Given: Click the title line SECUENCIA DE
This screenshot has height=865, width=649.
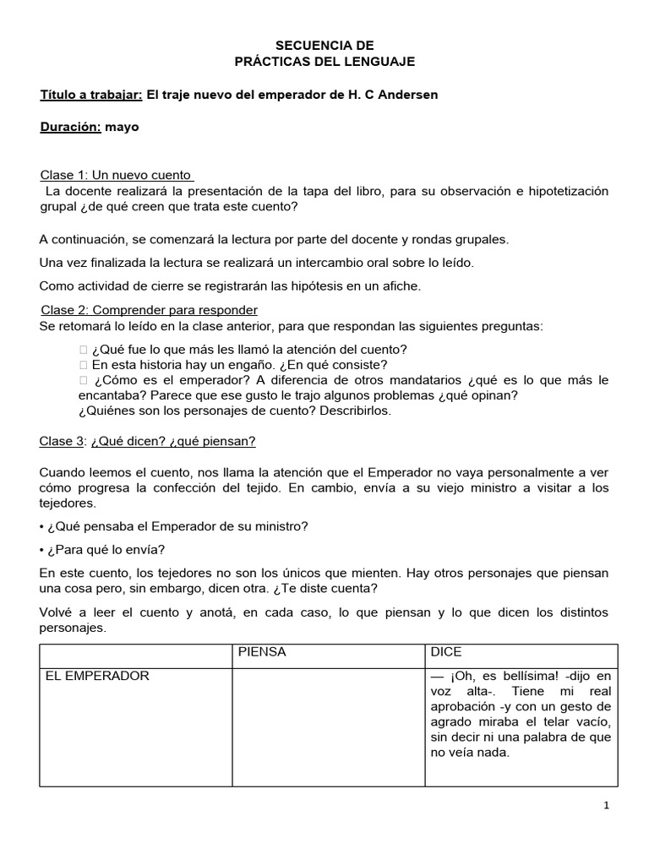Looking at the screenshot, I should (324, 45).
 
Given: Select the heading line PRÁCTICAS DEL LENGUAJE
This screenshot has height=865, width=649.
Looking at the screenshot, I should (324, 62).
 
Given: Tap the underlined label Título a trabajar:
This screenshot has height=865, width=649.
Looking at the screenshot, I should (91, 95).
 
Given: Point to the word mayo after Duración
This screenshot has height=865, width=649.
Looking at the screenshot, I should (123, 128).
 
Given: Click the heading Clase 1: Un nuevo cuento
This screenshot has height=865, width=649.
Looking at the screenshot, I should (117, 175).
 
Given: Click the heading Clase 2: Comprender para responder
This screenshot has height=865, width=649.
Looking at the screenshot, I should (149, 310).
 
